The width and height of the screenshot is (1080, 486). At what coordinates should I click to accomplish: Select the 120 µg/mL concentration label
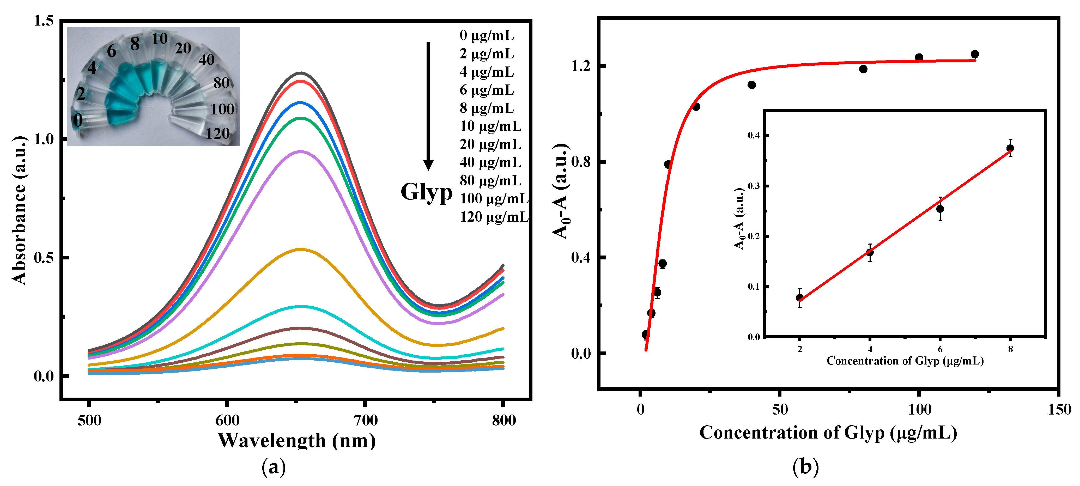point(494,217)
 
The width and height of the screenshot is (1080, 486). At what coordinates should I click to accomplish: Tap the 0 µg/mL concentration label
point(486,36)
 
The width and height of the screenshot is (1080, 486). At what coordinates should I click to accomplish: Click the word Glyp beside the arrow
point(426,192)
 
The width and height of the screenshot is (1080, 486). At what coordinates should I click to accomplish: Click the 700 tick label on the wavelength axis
point(365,420)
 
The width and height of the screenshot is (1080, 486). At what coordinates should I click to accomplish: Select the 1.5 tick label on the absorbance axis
point(44,21)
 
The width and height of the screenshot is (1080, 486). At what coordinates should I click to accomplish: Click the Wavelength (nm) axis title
point(296,441)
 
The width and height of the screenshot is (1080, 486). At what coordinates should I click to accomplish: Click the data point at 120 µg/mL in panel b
point(975,54)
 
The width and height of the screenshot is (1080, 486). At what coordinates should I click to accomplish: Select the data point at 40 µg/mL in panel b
point(752,85)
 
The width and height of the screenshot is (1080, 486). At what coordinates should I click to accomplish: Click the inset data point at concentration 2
point(799,298)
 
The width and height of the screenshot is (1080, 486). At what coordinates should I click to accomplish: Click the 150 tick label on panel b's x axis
point(1059,409)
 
